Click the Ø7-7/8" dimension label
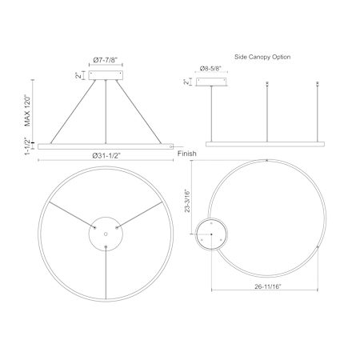106,60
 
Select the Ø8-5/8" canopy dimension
211,69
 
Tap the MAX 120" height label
27,110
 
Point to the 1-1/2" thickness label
27,146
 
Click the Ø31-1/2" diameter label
106,156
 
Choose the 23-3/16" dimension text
187,201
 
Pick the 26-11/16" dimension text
268,286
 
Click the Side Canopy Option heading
262,57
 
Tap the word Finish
187,154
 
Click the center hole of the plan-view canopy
106,234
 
